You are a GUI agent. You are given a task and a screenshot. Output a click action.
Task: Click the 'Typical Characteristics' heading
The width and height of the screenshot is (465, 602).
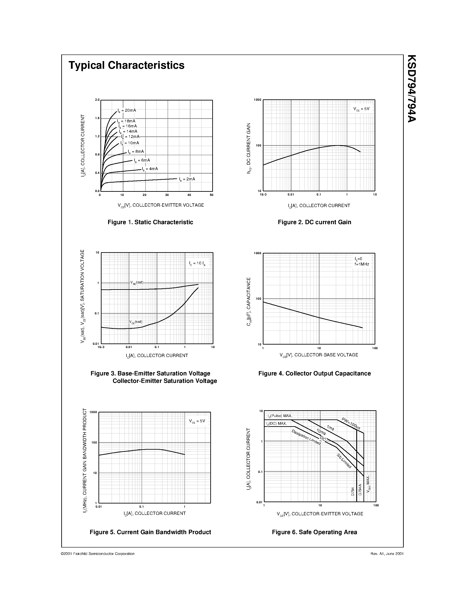[x=126, y=65]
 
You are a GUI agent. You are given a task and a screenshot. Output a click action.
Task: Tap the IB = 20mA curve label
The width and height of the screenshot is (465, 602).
[x=127, y=111]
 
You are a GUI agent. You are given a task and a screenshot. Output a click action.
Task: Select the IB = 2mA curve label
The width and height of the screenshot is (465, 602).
[x=187, y=179]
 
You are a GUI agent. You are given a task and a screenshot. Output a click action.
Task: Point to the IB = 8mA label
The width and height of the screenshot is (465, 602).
[x=136, y=152]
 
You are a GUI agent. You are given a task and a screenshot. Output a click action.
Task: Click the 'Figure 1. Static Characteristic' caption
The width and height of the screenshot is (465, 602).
[x=150, y=222]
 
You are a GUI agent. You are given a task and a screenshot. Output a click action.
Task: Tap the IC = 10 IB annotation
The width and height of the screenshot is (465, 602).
[x=197, y=264]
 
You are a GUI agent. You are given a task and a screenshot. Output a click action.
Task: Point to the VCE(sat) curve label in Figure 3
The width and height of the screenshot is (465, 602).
[x=136, y=322]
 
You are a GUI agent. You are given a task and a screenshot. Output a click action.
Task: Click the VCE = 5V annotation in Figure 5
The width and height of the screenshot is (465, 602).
[x=197, y=421]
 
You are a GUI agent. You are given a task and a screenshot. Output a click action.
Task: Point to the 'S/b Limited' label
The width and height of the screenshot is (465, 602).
[x=344, y=461]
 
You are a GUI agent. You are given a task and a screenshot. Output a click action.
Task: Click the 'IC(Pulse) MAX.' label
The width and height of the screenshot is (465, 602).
[x=280, y=416]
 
